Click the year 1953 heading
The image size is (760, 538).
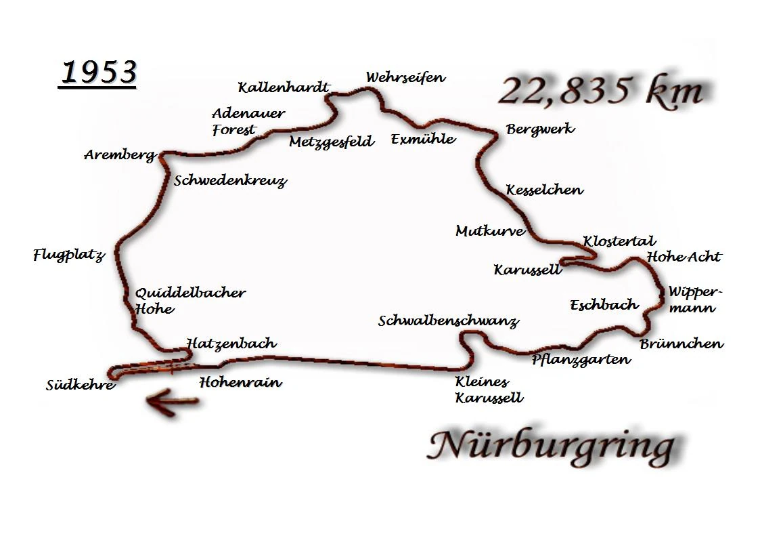click(x=98, y=73)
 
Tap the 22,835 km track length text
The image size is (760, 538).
click(x=600, y=91)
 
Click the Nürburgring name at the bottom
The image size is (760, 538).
click(x=552, y=446)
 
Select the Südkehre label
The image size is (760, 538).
click(x=81, y=386)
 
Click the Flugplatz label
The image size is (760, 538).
click(x=69, y=256)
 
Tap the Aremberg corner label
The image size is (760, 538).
click(x=120, y=155)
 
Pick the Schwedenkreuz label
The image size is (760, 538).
click(x=230, y=181)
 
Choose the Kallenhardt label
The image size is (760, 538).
click(x=284, y=87)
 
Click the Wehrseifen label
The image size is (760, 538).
click(x=405, y=77)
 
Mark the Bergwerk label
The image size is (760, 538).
click(x=540, y=129)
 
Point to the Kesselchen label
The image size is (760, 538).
click(x=544, y=190)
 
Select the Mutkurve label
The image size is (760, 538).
click(x=490, y=231)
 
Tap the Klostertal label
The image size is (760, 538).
click(x=619, y=241)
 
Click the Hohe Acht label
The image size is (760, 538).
click(x=684, y=257)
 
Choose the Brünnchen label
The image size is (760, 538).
click(x=681, y=344)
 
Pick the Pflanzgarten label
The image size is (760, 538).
click(x=581, y=360)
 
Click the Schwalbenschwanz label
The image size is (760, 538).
click(x=448, y=321)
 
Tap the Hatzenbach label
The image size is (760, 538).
click(x=231, y=344)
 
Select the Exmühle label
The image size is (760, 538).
click(x=423, y=140)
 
